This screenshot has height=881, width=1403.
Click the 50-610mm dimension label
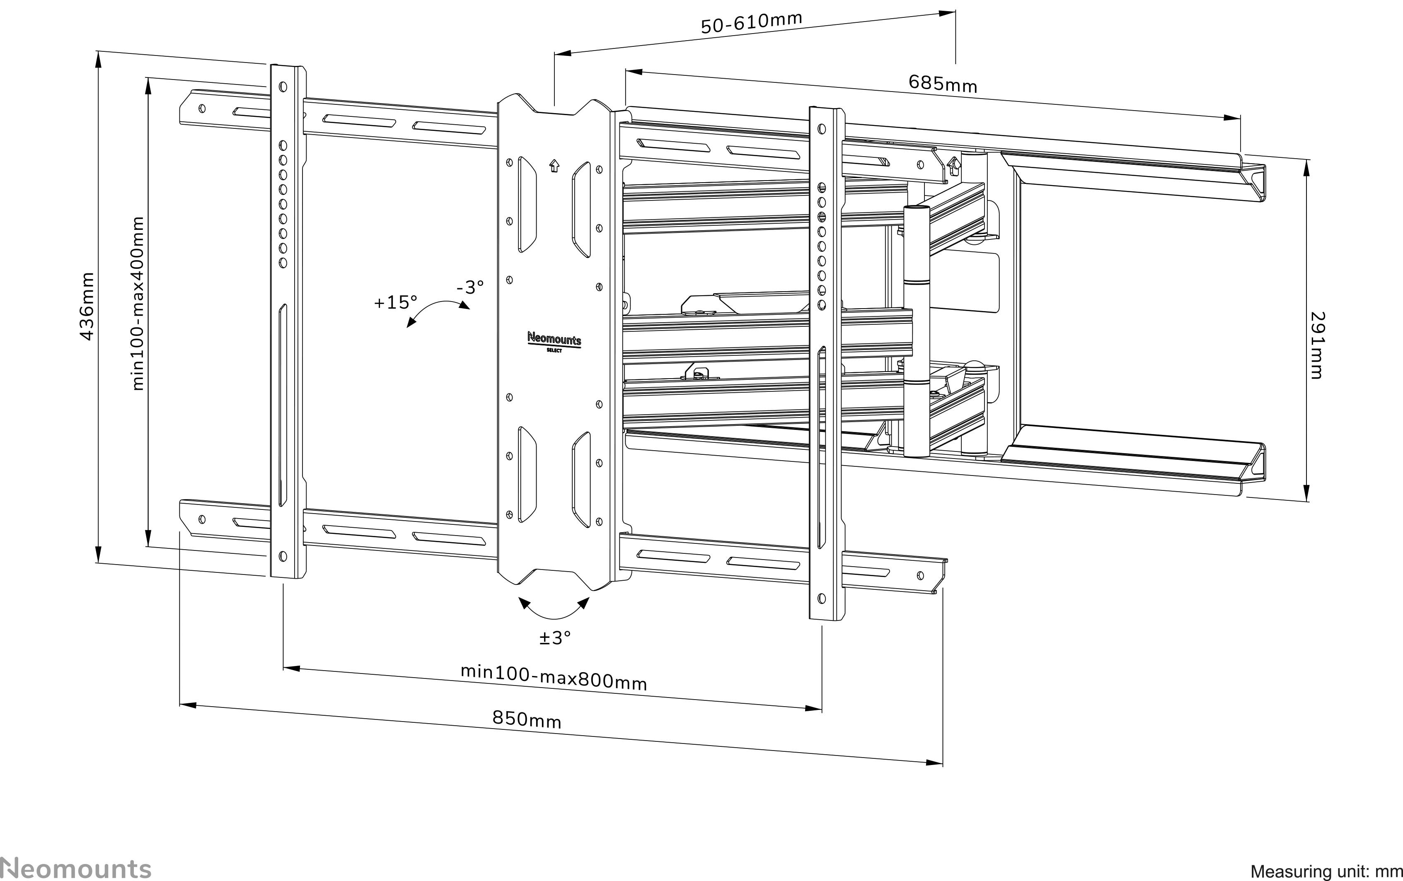coord(751,23)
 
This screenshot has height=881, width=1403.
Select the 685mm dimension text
coord(942,83)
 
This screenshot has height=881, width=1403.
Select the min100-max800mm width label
coord(554,677)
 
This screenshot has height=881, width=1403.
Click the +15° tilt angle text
coord(396,302)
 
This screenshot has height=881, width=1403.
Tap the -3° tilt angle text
coord(469,287)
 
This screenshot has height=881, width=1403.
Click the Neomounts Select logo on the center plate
coord(554,342)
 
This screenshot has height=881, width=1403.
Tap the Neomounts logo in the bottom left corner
coord(76,868)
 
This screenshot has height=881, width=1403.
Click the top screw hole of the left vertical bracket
coord(283,87)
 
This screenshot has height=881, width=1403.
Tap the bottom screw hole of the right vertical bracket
coord(822,598)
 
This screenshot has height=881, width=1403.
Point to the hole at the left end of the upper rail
coord(202,108)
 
